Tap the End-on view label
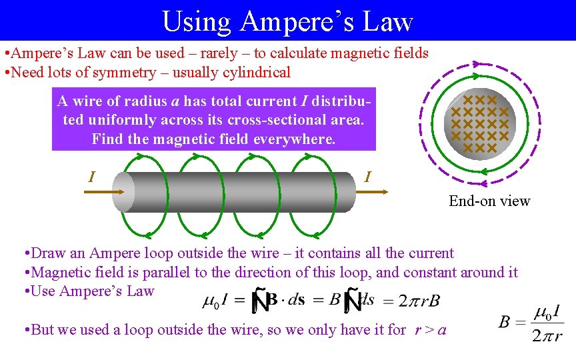[489, 201]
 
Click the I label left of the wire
[91, 177]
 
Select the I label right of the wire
[367, 177]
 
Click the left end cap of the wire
[124, 192]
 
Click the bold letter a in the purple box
[175, 101]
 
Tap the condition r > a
[430, 329]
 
